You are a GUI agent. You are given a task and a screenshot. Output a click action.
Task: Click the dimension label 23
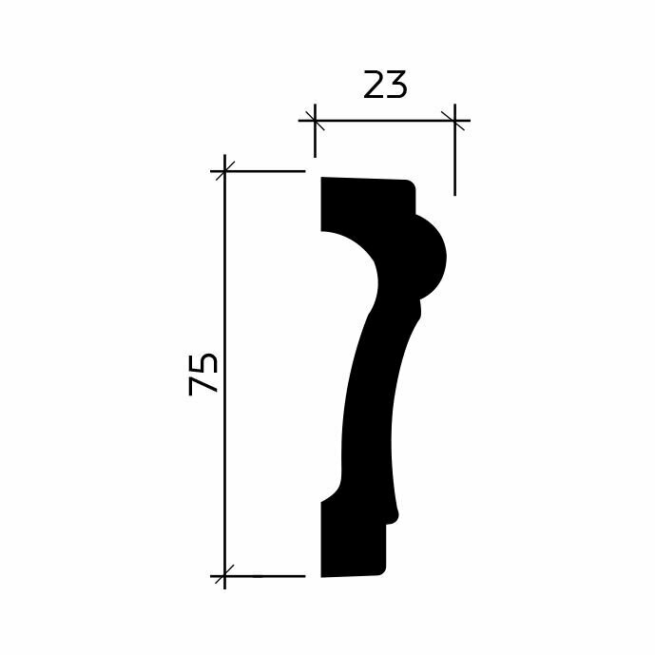click(385, 86)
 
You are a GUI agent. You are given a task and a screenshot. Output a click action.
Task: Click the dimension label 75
click(203, 375)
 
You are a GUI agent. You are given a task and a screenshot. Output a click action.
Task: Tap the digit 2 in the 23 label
click(374, 86)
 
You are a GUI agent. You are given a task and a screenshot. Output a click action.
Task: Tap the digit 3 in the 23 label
click(396, 86)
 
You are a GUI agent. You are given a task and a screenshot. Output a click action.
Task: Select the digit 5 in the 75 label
click(203, 363)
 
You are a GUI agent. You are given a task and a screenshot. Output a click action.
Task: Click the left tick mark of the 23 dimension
click(315, 121)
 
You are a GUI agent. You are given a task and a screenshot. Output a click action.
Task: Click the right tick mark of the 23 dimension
click(454, 121)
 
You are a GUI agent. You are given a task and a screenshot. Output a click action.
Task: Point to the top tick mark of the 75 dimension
click(224, 171)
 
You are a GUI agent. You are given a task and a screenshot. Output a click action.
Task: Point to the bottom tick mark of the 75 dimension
click(224, 576)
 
